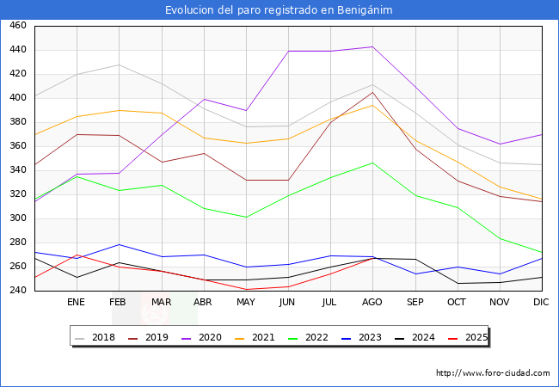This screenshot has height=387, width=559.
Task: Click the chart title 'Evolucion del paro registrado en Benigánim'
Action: click(x=279, y=10)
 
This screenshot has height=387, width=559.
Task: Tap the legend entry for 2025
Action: click(x=476, y=337)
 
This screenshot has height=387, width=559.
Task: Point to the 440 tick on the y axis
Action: click(x=17, y=50)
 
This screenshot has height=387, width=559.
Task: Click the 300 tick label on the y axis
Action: click(x=17, y=218)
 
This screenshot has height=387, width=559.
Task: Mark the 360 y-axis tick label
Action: click(x=17, y=146)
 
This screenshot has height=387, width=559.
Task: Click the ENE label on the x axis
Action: click(x=76, y=303)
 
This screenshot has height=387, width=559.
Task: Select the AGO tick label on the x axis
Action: click(x=372, y=303)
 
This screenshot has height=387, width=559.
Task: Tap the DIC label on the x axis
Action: click(x=541, y=303)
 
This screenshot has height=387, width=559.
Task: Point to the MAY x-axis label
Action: click(x=246, y=303)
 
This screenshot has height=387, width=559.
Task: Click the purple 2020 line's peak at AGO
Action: click(x=372, y=46)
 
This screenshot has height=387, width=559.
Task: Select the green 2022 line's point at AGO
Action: click(x=372, y=163)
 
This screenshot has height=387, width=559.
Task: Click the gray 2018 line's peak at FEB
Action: click(x=119, y=65)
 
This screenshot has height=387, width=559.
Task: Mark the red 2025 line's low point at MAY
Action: click(x=246, y=289)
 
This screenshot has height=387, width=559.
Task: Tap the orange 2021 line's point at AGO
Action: click(x=372, y=105)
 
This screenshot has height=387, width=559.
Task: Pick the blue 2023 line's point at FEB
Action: click(x=119, y=244)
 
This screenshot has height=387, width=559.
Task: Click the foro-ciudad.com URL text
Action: click(x=493, y=373)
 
